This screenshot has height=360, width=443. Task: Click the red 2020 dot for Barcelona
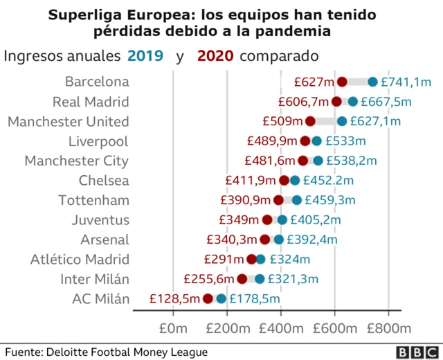coord(342,82)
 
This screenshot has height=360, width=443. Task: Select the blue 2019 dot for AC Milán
coord(221,299)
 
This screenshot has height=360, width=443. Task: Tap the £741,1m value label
coord(407,82)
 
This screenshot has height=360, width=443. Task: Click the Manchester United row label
coord(68,122)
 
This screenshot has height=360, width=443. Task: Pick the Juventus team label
coord(100,221)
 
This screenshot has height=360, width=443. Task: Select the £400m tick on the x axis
coord(280,327)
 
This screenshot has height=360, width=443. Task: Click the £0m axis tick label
coord(173,327)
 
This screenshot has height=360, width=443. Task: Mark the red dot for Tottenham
coord(278,201)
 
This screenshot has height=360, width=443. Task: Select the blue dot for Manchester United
coord(342,122)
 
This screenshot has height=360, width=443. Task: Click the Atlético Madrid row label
coord(80,260)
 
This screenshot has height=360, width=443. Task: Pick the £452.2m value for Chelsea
coord(332,181)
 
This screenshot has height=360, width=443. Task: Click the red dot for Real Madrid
coord(336,102)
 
